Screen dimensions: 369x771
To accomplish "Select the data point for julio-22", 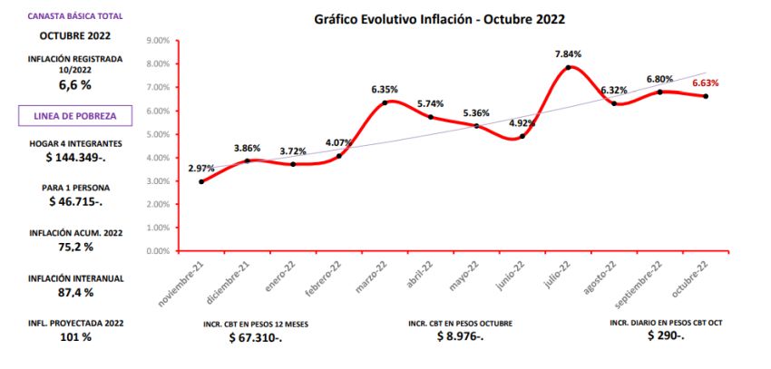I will pyautogui.click(x=569, y=67).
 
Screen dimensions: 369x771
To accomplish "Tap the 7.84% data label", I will pyautogui.click(x=569, y=53).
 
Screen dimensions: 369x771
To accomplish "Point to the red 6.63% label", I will pyautogui.click(x=706, y=83).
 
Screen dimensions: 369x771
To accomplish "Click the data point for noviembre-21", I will pyautogui.click(x=201, y=181).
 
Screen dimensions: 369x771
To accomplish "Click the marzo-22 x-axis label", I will pyautogui.click(x=373, y=276).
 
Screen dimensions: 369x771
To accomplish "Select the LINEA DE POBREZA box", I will pyautogui.click(x=74, y=115).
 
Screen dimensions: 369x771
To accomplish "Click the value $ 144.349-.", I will pyautogui.click(x=74, y=158).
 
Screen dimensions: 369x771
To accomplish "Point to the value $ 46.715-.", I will pyautogui.click(x=74, y=200).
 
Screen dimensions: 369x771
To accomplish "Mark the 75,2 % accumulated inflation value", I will pyautogui.click(x=74, y=247).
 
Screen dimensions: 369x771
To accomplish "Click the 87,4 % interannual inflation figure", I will pyautogui.click(x=74, y=292).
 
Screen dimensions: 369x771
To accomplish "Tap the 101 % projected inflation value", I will pyautogui.click(x=74, y=337).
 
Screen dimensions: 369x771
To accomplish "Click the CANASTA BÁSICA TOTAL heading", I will pyautogui.click(x=75, y=16).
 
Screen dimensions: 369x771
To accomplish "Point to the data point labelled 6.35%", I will pyautogui.click(x=385, y=102).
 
